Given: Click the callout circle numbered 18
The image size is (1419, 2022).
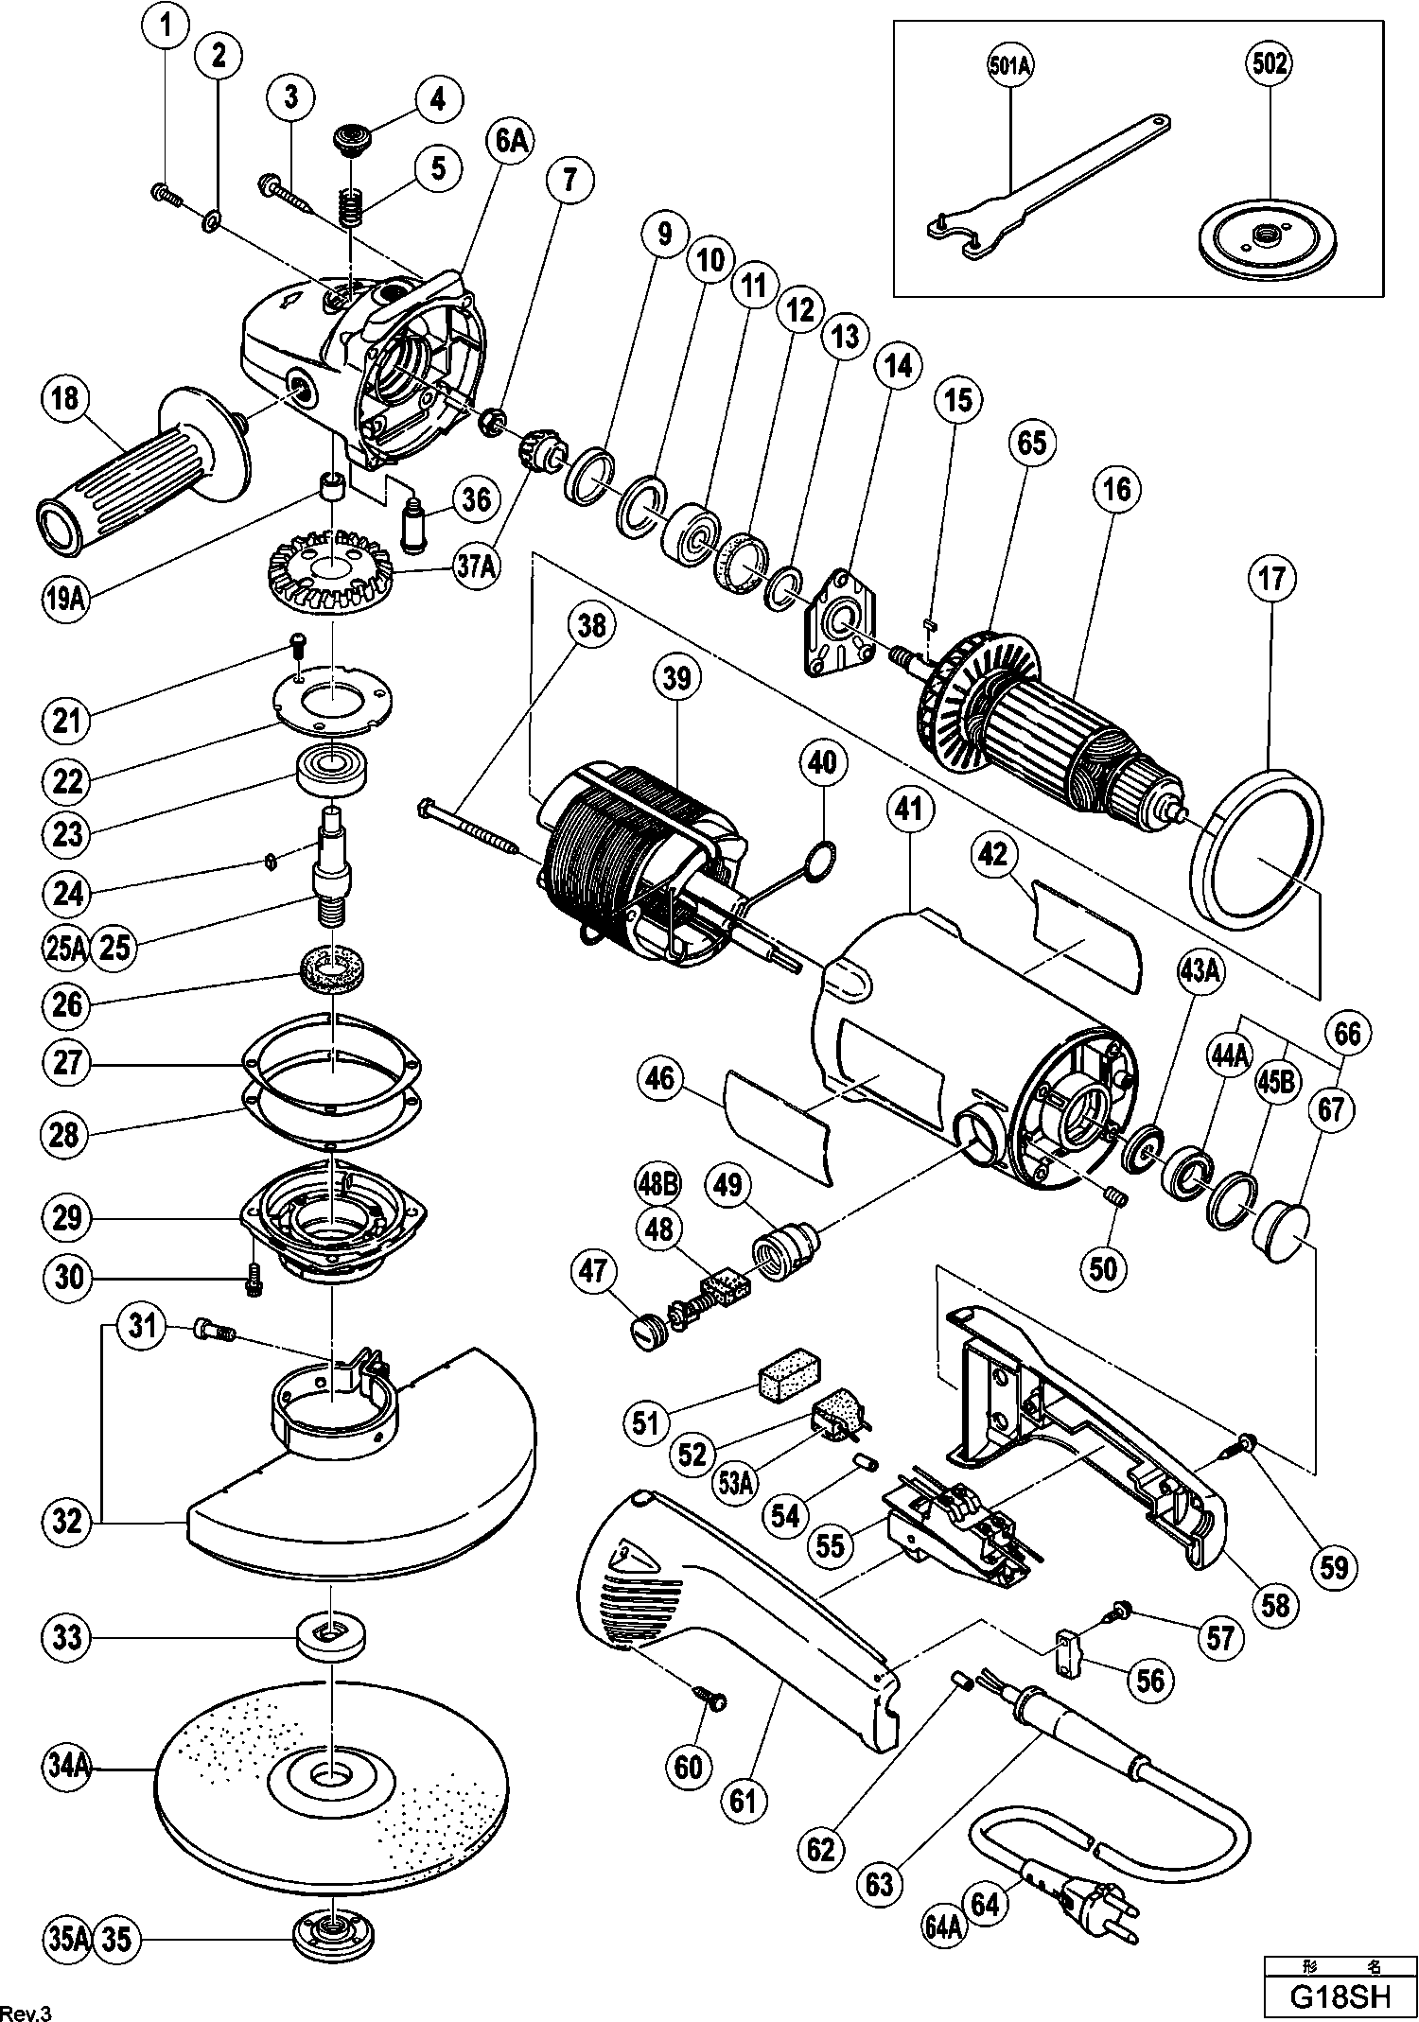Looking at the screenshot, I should coord(64,397).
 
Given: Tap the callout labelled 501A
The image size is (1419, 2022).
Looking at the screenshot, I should coord(1010,64).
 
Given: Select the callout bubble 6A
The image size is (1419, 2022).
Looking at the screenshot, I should coord(510,142).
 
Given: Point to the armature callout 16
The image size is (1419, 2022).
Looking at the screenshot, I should coord(1115,489).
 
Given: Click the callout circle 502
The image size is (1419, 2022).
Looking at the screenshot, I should coord(1269,64).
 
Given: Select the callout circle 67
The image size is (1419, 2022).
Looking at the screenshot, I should coord(1331,1109).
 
